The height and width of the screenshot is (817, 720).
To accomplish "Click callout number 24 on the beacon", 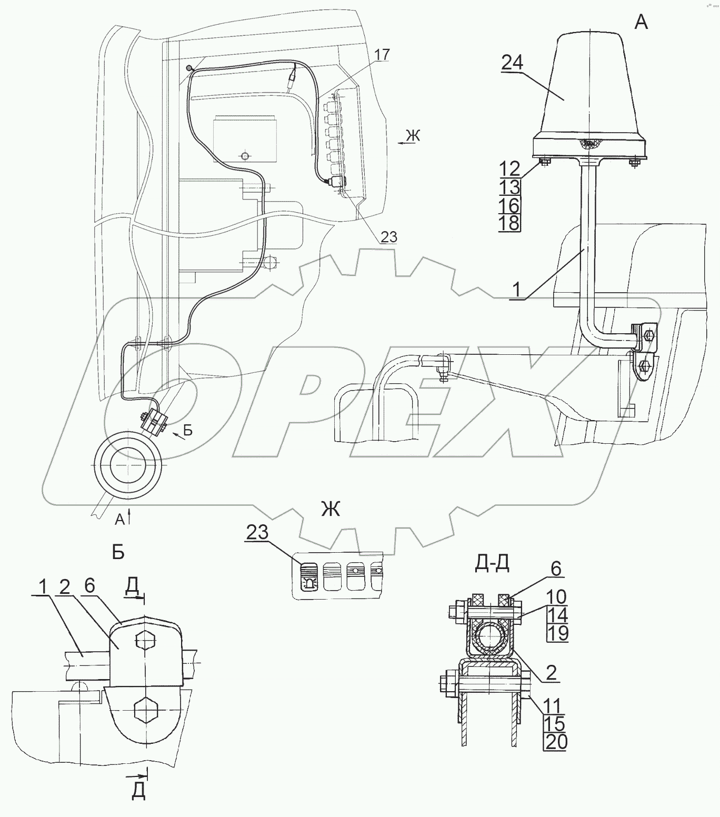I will (512, 63).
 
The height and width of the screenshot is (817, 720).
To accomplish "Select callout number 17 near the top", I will (383, 54).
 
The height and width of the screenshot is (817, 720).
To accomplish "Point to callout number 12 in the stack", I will (509, 168).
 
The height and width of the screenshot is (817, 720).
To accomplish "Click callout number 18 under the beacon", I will (509, 223).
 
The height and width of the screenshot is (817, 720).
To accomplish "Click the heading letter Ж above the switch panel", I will (330, 509).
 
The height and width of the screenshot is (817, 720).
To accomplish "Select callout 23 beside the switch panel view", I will (257, 532).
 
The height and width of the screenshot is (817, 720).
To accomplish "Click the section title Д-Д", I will (492, 564).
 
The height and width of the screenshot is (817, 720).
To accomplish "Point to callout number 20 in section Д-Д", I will (556, 742).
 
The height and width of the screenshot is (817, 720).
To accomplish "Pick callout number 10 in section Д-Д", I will (556, 596).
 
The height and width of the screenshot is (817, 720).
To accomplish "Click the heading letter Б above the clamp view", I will (118, 552).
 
